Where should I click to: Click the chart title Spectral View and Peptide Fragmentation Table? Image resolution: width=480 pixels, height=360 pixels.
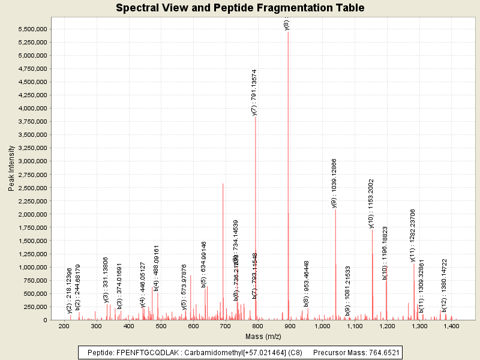click(240, 8)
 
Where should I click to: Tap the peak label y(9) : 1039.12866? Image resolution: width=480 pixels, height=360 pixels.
click(335, 183)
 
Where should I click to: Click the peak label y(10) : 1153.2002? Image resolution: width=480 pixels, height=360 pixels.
click(371, 203)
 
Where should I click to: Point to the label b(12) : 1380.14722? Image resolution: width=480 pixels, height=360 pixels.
click(445, 285)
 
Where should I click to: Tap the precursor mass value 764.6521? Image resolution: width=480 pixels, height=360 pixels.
click(382, 352)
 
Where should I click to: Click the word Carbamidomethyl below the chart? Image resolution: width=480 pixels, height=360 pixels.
click(208, 352)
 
